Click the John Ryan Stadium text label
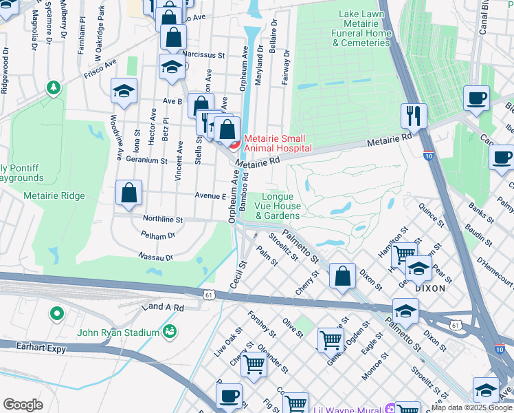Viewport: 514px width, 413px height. point(118,333)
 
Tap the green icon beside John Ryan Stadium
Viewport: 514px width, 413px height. point(168,333)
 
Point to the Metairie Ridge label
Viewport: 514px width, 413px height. point(54,196)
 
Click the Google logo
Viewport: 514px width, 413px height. point(23,405)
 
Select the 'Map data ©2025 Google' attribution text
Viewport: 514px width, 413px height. point(471,407)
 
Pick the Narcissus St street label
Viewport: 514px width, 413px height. point(203,55)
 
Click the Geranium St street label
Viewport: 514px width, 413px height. point(146,160)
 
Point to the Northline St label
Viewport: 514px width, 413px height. point(162,220)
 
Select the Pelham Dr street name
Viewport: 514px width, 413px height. point(157,236)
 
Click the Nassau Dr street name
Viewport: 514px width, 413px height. point(155,257)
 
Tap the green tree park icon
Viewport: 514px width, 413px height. point(54,87)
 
